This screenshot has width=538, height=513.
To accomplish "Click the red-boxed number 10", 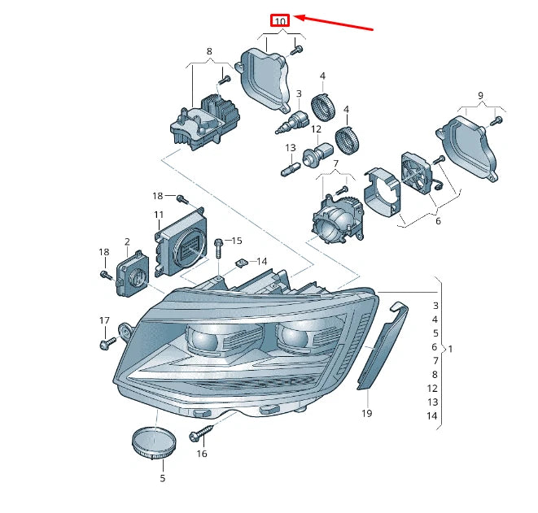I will [x=280, y=20].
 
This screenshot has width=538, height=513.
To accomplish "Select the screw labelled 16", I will [x=198, y=436].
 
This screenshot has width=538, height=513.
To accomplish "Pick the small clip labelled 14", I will [x=241, y=263].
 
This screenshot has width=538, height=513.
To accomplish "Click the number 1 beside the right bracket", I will [x=450, y=349].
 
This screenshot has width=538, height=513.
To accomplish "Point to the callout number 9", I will [x=480, y=96].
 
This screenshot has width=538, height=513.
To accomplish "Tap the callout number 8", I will [x=209, y=51].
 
